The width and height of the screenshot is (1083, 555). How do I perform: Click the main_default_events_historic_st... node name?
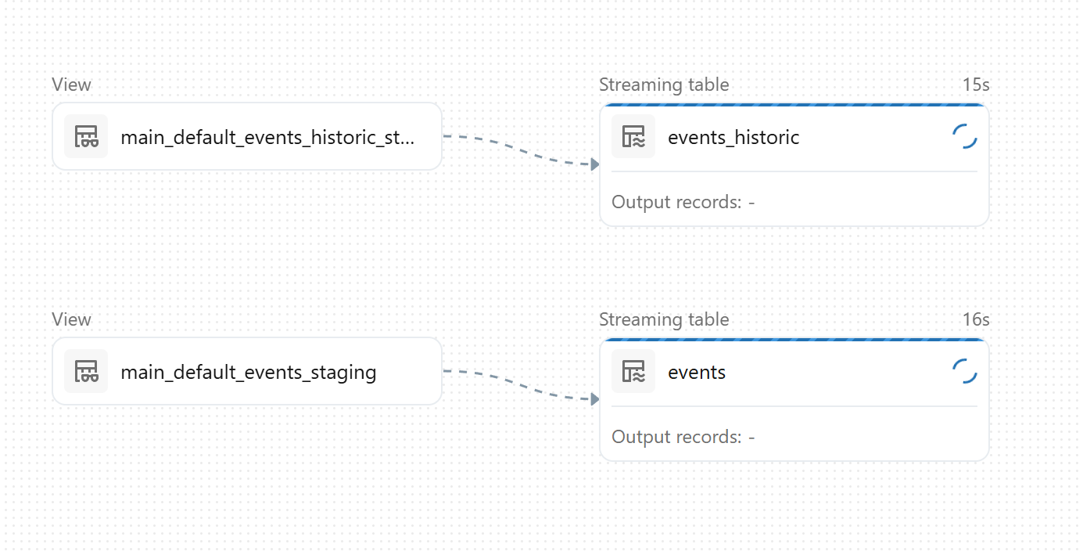click(267, 138)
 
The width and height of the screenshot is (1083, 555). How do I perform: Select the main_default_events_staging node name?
click(249, 372)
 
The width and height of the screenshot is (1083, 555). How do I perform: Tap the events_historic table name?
click(733, 138)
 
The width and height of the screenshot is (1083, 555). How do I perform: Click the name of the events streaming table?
click(697, 372)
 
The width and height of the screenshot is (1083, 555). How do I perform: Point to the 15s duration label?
click(976, 85)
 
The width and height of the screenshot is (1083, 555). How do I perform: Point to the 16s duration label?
click(976, 319)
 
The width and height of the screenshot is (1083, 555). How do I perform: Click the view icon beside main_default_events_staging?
click(86, 371)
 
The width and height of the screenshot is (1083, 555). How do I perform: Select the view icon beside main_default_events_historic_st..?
click(86, 136)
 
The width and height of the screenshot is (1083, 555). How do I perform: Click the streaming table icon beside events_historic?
click(633, 136)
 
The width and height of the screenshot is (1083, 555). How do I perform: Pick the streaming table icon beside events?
click(633, 371)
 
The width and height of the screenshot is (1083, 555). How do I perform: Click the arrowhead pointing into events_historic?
click(595, 164)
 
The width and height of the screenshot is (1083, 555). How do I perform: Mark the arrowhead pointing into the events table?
click(595, 399)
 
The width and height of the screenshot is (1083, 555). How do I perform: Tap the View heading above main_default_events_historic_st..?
click(72, 85)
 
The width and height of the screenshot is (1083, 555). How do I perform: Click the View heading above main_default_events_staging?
click(72, 319)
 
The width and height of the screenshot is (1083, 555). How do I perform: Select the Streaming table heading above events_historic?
click(664, 85)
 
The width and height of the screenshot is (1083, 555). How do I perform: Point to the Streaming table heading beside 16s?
click(664, 319)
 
